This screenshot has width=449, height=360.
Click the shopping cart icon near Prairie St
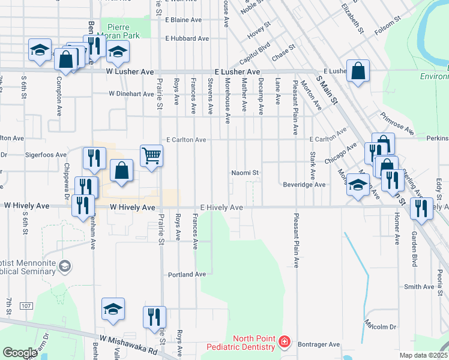click(152, 155)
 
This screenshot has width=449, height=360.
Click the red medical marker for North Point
click(284, 343)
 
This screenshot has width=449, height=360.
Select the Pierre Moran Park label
click(122, 31)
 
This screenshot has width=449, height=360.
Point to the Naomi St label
click(246, 173)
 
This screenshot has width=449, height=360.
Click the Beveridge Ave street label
click(304, 185)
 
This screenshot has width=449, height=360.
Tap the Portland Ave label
click(186, 274)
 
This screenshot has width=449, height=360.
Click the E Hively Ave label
click(221, 207)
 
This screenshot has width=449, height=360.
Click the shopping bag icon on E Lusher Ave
click(358, 71)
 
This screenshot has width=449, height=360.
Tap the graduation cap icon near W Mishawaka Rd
click(113, 309)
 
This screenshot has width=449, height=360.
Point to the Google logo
click(20, 353)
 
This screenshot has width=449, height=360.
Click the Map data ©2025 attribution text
click(423, 355)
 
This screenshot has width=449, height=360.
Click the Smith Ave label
click(419, 287)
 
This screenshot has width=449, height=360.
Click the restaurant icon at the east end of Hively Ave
click(421, 208)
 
